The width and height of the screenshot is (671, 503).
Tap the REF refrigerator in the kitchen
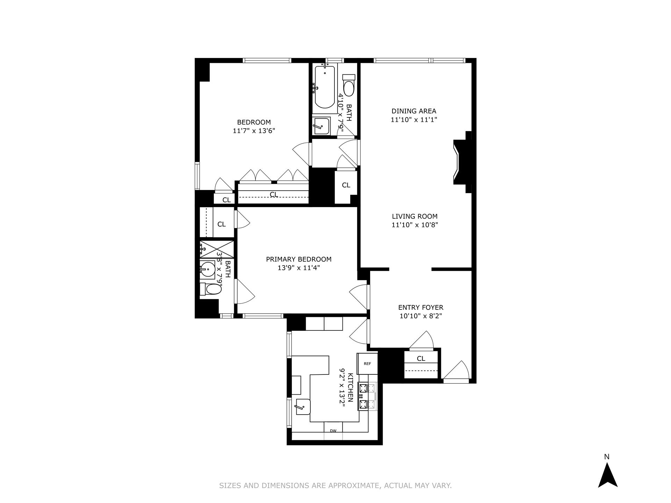click(367, 364)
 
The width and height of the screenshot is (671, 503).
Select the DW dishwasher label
click(333, 431)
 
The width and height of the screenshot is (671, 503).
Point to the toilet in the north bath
click(349, 85)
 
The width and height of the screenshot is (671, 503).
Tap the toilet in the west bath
click(212, 289)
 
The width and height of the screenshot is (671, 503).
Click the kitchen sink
click(303, 407)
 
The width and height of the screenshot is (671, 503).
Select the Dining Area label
click(414, 111)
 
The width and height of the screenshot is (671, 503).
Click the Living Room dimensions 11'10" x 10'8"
click(414, 225)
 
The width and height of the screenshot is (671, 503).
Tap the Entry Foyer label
click(421, 307)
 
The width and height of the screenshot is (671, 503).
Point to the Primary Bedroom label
click(299, 259)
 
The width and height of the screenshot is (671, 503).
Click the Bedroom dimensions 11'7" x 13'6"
click(254, 131)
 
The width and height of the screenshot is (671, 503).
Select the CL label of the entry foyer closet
click(421, 358)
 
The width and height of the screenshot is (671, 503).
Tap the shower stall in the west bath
click(217, 249)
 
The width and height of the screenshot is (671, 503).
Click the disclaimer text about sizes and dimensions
click(335, 486)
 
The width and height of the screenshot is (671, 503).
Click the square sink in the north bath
click(321, 126)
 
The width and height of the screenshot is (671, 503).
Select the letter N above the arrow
click(607, 457)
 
